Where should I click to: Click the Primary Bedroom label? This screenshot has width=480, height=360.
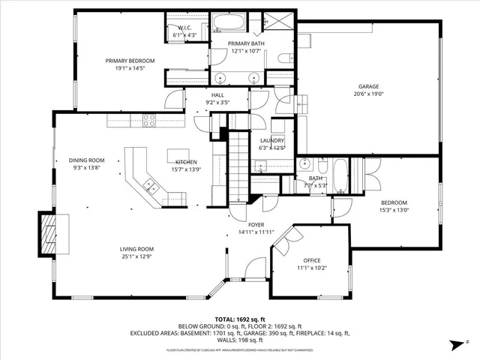coord(130,61)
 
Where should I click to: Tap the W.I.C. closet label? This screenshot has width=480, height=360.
coord(184,28)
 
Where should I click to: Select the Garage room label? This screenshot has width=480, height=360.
coord(367,88)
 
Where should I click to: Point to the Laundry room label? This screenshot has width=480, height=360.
coord(271,141)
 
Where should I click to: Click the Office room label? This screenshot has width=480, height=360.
coord(311,260)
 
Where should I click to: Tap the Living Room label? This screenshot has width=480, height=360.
coord(136,249)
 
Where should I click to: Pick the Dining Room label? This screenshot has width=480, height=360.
coord(86,160)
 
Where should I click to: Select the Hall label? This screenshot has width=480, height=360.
coord(217,95)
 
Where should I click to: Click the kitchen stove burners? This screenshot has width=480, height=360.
coord(149,118)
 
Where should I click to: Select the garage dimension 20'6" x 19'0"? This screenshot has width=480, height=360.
coord(367,95)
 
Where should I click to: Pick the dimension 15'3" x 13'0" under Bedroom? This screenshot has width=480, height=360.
coord(394,211)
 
